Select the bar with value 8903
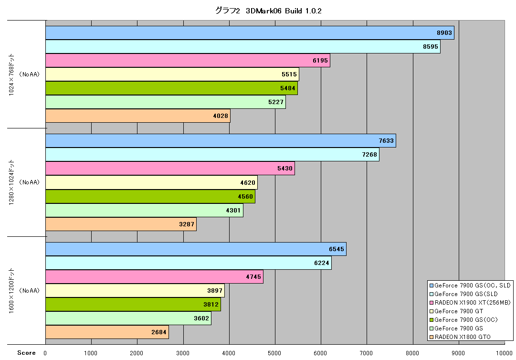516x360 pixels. [250, 33]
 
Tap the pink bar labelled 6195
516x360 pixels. [188, 61]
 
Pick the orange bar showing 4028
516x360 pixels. [138, 116]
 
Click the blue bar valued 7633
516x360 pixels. [221, 141]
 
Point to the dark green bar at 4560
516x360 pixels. [150, 196]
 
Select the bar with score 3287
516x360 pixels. [121, 224]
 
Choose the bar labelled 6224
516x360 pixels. [188, 263]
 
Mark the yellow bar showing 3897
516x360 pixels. [135, 291]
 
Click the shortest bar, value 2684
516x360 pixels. [107, 332]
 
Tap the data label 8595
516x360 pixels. [431, 47]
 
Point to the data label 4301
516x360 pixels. [233, 210]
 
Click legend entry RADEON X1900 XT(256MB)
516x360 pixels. [470, 302]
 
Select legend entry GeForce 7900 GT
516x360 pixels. [456, 311]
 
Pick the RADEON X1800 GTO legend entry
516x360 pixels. [460, 337]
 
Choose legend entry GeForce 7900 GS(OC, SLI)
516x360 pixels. [470, 286]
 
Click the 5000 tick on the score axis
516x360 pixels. [274, 353]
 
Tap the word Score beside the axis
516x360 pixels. [26, 353]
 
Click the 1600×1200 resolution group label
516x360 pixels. [11, 291]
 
